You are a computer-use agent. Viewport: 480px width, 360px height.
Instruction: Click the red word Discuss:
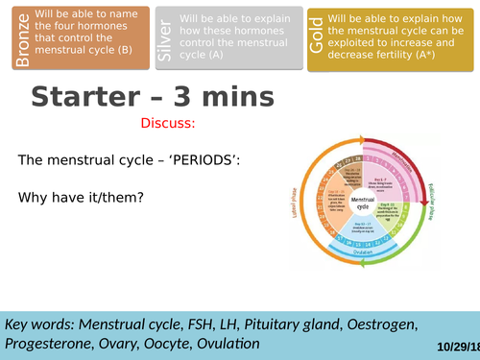click(168, 123)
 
